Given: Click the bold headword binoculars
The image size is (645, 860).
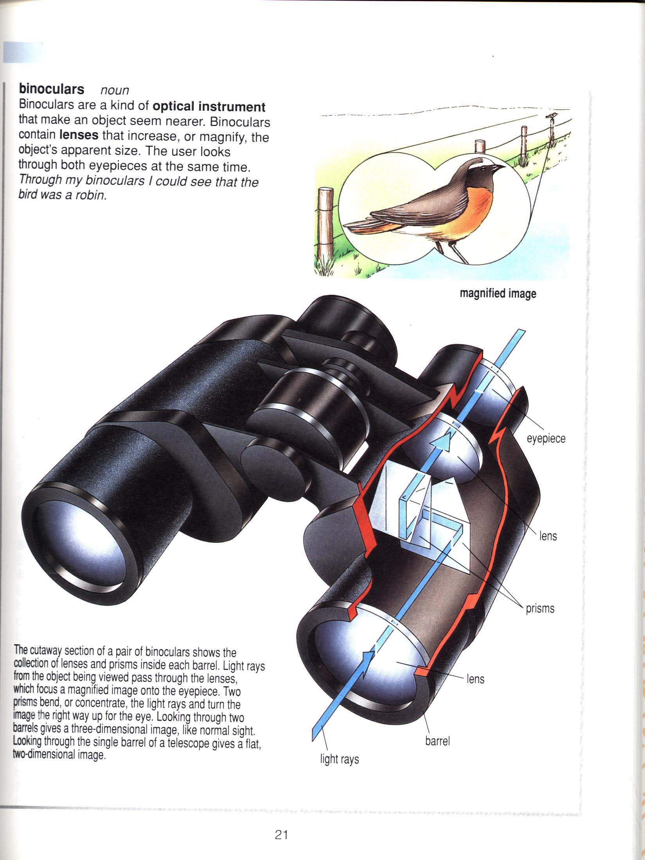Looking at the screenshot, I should coord(52,89).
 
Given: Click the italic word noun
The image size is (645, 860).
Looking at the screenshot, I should coord(115,90).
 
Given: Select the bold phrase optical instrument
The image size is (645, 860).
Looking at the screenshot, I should coord(209,106).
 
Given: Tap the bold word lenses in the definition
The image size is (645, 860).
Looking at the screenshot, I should coord(79,135).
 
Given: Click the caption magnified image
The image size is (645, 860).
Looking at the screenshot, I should coord(498,293).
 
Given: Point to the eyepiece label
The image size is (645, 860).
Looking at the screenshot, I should coord(546,438).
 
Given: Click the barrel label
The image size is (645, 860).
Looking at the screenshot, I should coord(437,741).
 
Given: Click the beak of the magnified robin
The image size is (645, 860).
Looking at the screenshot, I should coord(498,168).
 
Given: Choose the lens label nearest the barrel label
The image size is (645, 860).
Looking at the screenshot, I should coord(475,679).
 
